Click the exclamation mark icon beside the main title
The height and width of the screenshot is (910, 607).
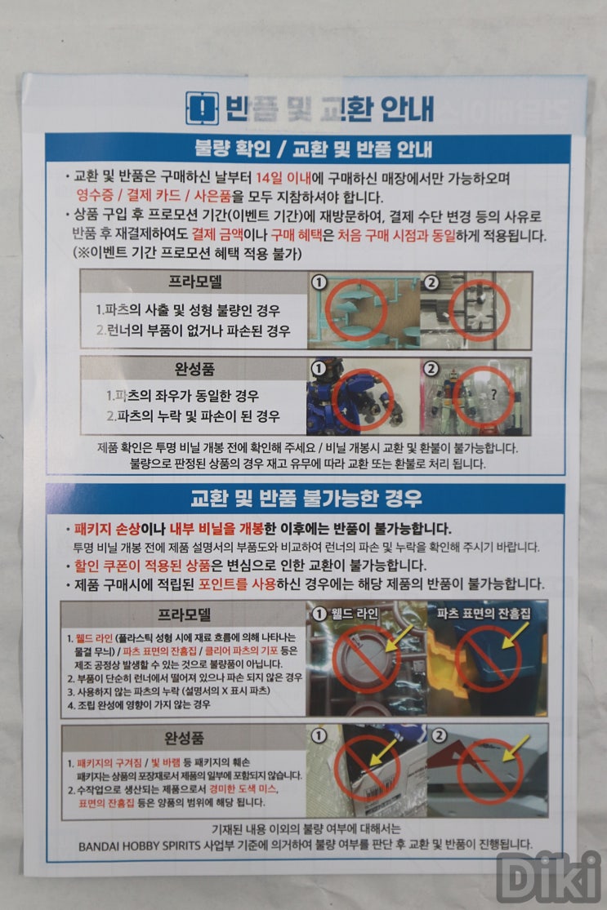point(202,108)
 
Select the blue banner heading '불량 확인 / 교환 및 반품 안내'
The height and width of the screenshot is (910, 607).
point(313,149)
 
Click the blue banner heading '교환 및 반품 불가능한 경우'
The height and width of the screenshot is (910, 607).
point(306,499)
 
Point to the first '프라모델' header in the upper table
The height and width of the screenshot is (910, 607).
point(195,282)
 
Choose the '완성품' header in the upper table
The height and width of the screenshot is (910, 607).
point(194,369)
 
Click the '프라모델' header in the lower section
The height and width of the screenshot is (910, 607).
point(184,615)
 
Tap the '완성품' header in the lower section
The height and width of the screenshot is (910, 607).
point(185,738)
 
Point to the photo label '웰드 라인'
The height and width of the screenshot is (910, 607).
point(355,614)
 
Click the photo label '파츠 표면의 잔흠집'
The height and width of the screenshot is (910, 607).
point(484,614)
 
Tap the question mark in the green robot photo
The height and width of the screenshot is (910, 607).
point(493,395)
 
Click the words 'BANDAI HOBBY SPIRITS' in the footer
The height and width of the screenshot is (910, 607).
point(140,846)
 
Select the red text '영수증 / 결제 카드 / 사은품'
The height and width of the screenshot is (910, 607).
point(154,196)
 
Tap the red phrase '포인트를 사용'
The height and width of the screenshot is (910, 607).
point(237,584)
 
